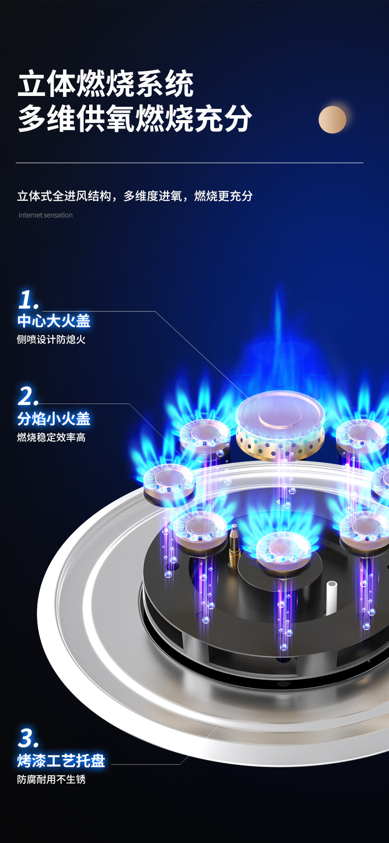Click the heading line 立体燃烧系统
point(106,84)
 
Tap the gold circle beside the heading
point(332,120)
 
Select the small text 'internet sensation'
point(45,215)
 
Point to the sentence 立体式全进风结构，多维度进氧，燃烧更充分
point(135,196)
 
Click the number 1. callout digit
point(28,300)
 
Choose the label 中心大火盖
point(54,321)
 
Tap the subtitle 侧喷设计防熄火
point(51,340)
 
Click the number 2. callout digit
point(28,396)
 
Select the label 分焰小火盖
point(54,419)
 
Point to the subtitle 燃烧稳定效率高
point(51,437)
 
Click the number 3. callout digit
point(28,738)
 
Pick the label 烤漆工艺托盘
point(61,761)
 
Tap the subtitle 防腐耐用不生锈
point(51,780)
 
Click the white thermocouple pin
point(331,596)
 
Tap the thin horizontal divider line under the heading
point(190,162)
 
